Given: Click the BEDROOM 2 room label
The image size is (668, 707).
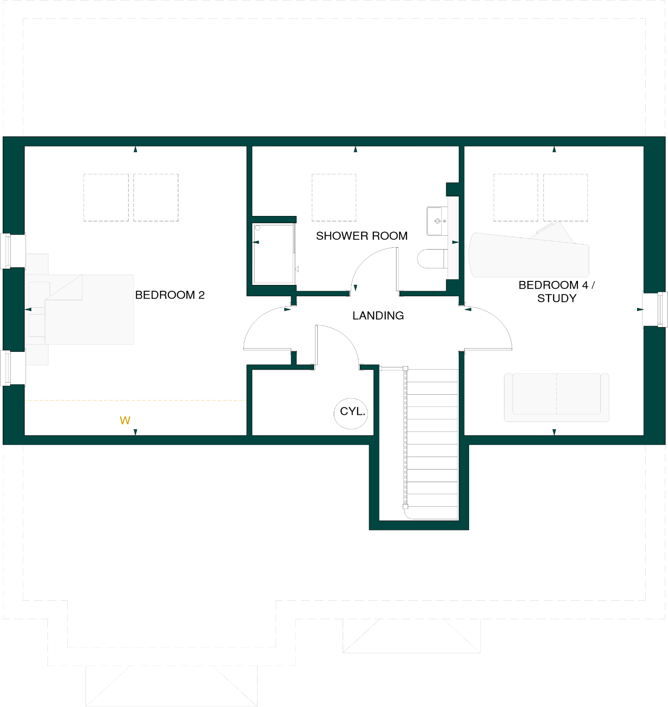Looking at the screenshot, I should pyautogui.click(x=170, y=295).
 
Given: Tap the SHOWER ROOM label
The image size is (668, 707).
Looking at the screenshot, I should pyautogui.click(x=362, y=236).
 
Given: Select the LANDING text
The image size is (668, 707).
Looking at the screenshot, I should pyautogui.click(x=378, y=315).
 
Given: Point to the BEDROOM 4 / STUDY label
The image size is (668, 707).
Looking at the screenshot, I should pyautogui.click(x=556, y=291).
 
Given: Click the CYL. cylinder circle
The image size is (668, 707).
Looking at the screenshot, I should pyautogui.click(x=351, y=413).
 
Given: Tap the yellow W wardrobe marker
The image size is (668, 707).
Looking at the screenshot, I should pyautogui.click(x=125, y=420).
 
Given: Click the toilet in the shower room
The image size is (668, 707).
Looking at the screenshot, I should pyautogui.click(x=431, y=259).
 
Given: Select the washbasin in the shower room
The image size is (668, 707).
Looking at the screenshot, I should pyautogui.click(x=436, y=221).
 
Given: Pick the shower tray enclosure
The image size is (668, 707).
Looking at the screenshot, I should pyautogui.click(x=273, y=254).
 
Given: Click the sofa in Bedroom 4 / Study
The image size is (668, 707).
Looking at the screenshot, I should pyautogui.click(x=556, y=397).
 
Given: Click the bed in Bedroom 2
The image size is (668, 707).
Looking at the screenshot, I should pyautogui.click(x=85, y=309).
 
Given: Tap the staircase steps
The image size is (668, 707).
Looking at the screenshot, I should pyautogui.click(x=432, y=444).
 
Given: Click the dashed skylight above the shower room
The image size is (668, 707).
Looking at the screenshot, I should pyautogui.click(x=334, y=198).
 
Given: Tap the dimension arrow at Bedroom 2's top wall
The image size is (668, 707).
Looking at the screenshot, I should pyautogui.click(x=135, y=149).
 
